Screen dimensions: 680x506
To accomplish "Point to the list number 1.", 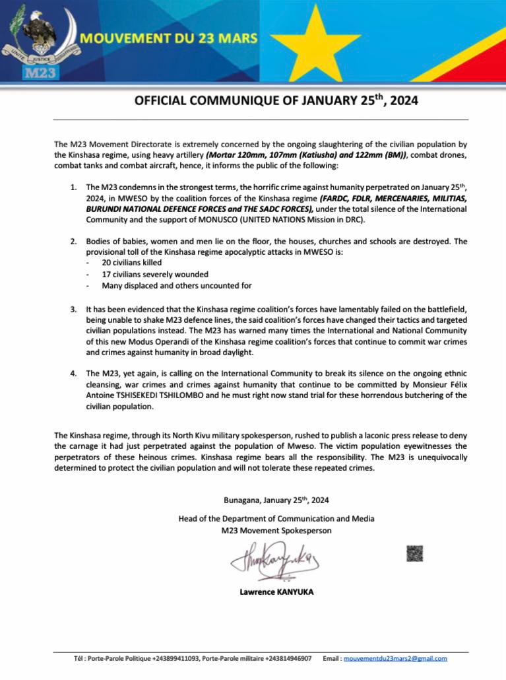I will point(73,187).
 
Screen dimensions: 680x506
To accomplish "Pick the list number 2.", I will point(73,242).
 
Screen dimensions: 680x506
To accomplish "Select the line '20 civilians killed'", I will point(132,262).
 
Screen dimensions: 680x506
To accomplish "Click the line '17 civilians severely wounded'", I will point(155,274).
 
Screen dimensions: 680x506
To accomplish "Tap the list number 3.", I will point(73,309).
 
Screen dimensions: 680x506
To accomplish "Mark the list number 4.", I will point(73,374).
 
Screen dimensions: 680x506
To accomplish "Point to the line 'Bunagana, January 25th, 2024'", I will point(276,500).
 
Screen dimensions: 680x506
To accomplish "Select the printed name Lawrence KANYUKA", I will point(276,592).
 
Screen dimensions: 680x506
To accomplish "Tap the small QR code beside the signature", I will point(414,553).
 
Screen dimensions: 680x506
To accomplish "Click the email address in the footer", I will point(395,658).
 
